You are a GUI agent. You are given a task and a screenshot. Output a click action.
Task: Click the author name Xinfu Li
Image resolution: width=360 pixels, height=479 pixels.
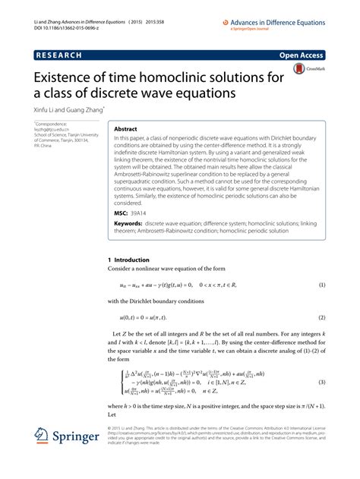[x=46, y=109]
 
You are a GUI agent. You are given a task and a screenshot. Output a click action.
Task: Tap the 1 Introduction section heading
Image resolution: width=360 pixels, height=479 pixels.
[x=130, y=260]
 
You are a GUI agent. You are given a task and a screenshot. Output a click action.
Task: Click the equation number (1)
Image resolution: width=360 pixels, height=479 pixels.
[x=322, y=285]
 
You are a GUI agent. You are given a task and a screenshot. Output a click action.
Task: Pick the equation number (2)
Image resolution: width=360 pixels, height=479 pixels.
[x=322, y=317]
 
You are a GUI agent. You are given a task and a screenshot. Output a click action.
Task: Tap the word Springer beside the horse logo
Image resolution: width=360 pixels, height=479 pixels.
[x=78, y=458]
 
